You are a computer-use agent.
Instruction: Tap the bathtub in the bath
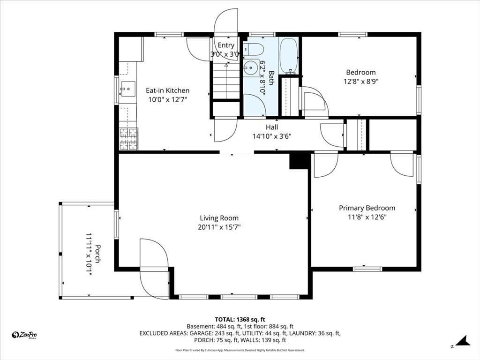pyautogui.click(x=289, y=56)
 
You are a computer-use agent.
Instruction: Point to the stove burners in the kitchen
pyautogui.click(x=128, y=139)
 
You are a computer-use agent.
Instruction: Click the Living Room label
pyautogui.click(x=219, y=218)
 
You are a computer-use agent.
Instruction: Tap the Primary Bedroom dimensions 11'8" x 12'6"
pyautogui.click(x=367, y=217)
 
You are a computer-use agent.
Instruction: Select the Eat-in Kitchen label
pyautogui.click(x=167, y=90)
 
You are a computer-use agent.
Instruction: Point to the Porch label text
pyautogui.click(x=97, y=254)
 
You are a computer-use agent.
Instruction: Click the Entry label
pyautogui.click(x=226, y=45)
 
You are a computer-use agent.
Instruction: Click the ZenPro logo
pyautogui.click(x=24, y=335)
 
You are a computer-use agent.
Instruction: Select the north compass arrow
pyautogui.click(x=463, y=341)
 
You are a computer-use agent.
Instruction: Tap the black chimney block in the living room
pyautogui.click(x=299, y=161)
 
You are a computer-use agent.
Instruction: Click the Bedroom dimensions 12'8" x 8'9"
pyautogui.click(x=361, y=82)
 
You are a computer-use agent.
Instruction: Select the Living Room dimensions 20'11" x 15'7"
pyautogui.click(x=219, y=227)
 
